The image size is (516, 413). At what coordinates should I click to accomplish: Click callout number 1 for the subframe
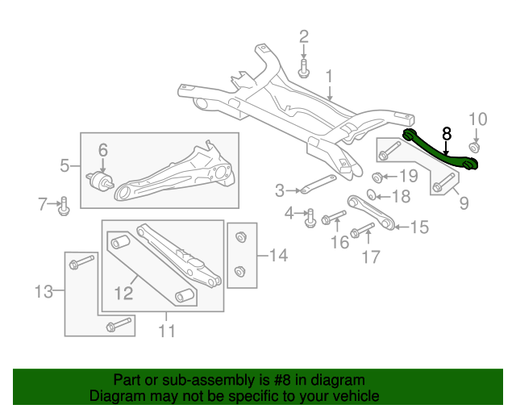tap(329, 77)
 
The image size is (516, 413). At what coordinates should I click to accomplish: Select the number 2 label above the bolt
tap(304, 36)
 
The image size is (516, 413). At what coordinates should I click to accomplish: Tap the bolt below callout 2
tap(304, 71)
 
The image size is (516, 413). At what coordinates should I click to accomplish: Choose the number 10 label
tap(478, 119)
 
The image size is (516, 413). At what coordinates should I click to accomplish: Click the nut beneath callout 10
tap(475, 148)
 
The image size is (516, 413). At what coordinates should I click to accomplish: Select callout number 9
tap(464, 203)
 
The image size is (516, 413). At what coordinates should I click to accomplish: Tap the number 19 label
tap(409, 176)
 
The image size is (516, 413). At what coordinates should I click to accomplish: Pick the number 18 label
tap(401, 195)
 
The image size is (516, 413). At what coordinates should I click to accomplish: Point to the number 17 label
tap(370, 257)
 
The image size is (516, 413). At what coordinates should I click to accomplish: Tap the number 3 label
tap(280, 191)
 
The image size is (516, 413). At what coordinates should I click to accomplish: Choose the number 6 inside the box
tap(103, 149)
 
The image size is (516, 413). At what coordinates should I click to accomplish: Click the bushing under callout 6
tap(103, 180)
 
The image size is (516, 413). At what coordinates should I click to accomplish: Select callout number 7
tap(44, 205)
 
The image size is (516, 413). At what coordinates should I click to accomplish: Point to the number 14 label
tap(277, 257)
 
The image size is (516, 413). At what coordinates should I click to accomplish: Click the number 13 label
tap(44, 290)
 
